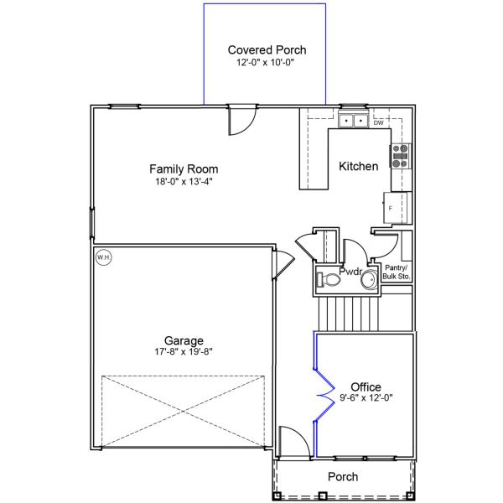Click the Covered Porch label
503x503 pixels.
[x=267, y=50]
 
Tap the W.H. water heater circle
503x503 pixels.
[x=103, y=257]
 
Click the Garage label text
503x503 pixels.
[x=184, y=340]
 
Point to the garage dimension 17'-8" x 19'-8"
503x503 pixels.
[x=184, y=352]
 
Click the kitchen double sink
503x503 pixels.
[x=353, y=122]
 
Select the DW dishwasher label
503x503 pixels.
[x=379, y=123]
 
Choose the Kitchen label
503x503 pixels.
[x=358, y=166]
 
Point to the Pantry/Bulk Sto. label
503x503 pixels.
[x=396, y=272]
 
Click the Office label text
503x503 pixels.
[x=366, y=386]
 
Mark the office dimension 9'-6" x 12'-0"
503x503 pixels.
[x=366, y=398]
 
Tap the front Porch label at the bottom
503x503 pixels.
[x=343, y=476]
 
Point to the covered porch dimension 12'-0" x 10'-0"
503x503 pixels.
[x=267, y=62]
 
